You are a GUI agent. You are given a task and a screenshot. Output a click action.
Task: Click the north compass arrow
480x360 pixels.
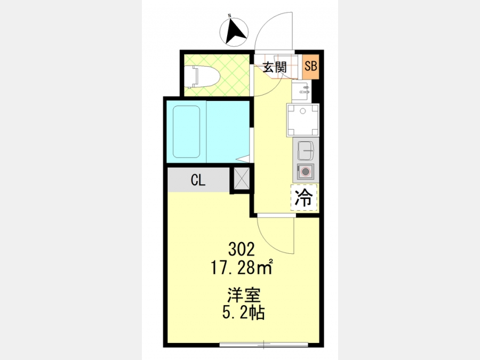[235, 32]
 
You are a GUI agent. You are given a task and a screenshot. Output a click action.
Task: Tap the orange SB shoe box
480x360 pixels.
[311, 67]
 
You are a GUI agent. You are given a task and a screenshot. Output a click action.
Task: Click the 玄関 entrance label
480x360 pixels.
[275, 67]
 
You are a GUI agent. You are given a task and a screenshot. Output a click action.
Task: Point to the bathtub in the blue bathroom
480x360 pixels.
[187, 132]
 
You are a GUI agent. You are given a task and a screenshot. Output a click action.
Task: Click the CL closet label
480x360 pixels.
[198, 180]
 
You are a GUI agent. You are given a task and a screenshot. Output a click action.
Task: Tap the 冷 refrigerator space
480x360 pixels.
[303, 197]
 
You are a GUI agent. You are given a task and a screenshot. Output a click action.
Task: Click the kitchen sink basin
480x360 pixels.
[306, 150]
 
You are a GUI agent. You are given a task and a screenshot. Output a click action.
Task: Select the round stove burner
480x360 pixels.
[305, 171]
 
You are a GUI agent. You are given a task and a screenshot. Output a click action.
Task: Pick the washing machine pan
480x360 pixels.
[303, 120]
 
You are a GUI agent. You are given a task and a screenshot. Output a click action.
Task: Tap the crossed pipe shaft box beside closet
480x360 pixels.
[242, 179]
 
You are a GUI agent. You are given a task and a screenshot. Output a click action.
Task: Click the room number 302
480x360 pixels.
[242, 250]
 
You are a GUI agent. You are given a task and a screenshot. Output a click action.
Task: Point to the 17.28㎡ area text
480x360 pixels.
[242, 268]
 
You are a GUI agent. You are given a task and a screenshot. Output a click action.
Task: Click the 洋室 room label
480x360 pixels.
[244, 295]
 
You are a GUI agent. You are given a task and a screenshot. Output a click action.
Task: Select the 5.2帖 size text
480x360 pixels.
[243, 313]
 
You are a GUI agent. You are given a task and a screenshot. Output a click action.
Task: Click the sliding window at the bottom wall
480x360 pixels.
[264, 344]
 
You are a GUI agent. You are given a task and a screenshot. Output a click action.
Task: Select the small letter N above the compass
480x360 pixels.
[229, 15]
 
